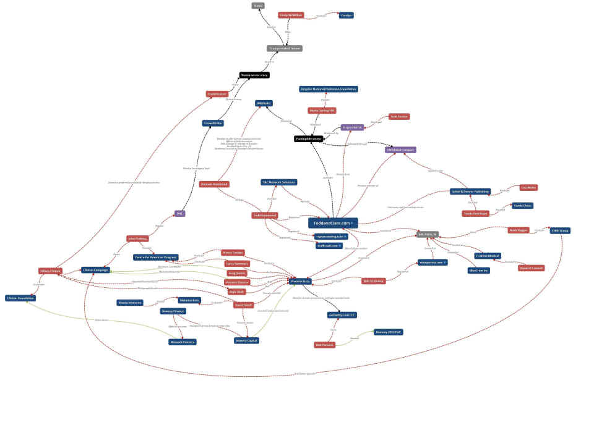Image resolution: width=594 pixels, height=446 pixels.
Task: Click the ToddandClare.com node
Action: (x=333, y=223)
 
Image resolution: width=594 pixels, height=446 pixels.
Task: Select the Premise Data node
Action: (x=301, y=282)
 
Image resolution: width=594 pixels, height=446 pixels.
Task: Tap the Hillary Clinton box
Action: (x=50, y=271)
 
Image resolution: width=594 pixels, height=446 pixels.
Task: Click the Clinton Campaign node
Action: (x=95, y=270)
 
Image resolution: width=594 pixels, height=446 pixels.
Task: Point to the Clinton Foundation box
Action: (x=20, y=298)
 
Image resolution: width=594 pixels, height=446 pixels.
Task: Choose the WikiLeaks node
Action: (x=264, y=103)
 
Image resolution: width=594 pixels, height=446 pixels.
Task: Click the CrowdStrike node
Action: (x=213, y=123)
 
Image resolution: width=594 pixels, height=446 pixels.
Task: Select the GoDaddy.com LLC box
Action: (x=342, y=314)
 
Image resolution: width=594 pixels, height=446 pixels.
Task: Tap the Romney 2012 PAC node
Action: (x=389, y=332)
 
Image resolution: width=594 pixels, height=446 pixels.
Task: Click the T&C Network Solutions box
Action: (x=278, y=182)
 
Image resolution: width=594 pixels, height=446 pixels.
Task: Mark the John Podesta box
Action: (x=137, y=238)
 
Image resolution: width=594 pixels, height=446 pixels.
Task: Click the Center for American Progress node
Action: (x=155, y=257)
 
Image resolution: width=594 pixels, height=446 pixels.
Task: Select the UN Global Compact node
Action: (x=401, y=149)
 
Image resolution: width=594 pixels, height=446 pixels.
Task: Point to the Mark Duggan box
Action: (x=519, y=230)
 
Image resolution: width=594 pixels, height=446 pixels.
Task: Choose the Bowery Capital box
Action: (x=246, y=340)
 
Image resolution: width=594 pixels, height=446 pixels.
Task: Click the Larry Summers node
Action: (x=237, y=263)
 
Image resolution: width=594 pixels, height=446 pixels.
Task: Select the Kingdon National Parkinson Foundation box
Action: (x=329, y=89)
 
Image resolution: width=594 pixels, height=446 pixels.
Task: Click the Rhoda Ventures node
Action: (x=130, y=303)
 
